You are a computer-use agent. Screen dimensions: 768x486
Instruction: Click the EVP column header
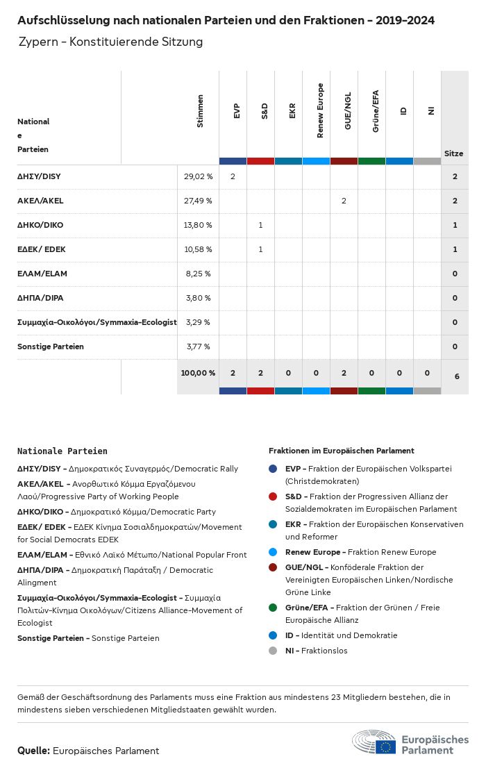[x=237, y=111]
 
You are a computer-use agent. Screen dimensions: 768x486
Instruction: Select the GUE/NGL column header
[x=348, y=111]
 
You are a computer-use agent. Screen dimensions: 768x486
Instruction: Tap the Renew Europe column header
[x=320, y=111]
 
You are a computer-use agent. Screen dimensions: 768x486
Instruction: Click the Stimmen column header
[x=201, y=111]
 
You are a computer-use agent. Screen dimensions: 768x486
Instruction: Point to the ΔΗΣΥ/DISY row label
[x=39, y=176]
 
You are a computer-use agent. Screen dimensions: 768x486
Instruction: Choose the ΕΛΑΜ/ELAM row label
[x=42, y=274]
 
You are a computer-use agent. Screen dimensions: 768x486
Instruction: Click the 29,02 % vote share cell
[x=198, y=176]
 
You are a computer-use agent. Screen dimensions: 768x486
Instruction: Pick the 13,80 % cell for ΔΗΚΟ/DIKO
[x=198, y=225]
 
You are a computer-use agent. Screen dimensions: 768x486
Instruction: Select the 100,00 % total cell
[x=198, y=373]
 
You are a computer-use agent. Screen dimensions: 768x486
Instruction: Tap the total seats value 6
[x=456, y=376]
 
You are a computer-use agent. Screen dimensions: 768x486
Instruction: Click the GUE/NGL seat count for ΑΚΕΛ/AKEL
[x=344, y=201]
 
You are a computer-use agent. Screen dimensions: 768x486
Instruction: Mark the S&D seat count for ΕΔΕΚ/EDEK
[x=260, y=249]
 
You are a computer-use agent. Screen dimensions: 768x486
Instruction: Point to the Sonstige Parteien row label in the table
[x=51, y=347]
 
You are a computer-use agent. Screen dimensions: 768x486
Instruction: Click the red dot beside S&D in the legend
[x=273, y=496]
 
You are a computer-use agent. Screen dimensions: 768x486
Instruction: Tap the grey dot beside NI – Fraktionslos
[x=273, y=651]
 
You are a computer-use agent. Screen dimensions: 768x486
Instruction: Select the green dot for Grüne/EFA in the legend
[x=273, y=608]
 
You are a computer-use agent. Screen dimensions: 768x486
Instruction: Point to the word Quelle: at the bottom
[x=33, y=751]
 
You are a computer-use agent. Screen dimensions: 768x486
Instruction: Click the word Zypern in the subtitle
[x=39, y=42]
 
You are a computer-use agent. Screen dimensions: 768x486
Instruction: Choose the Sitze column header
[x=454, y=153]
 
